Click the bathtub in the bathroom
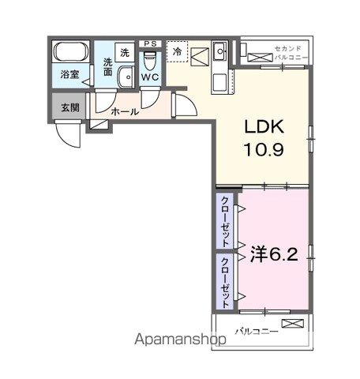71,51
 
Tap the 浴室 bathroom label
69,74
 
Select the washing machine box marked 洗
125,52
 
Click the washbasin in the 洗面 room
126,77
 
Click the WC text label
150,77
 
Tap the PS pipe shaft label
150,43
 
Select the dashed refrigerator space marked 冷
178,51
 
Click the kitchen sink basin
219,51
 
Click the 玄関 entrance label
70,107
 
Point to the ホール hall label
125,112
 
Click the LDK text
264,127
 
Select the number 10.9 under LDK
264,150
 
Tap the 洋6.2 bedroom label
274,254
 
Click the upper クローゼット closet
225,221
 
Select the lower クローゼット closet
225,282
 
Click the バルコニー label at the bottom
257,332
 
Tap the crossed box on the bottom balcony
293,324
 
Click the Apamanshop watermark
180,340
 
